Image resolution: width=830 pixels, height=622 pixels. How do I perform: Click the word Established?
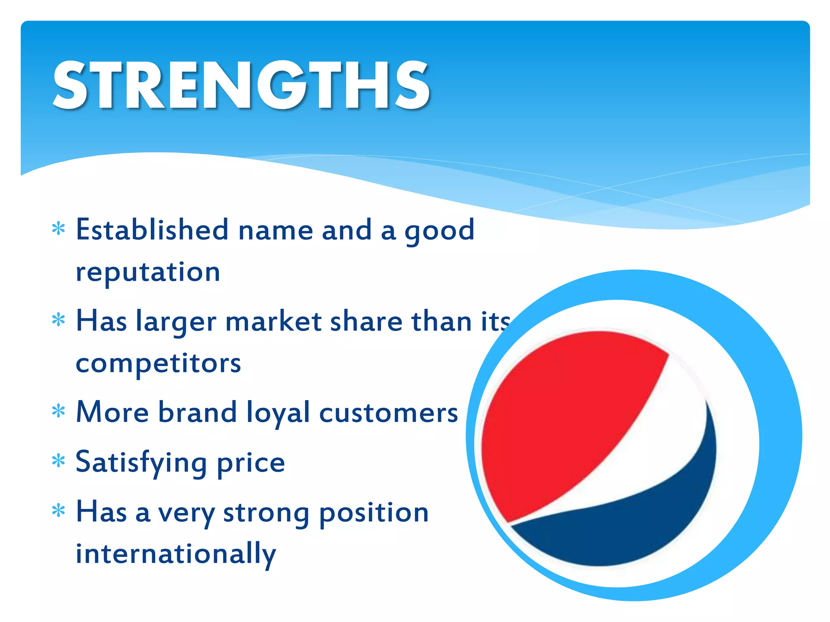coord(152,230)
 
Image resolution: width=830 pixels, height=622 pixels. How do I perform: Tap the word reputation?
coord(148,272)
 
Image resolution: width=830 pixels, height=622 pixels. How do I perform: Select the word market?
coord(274,321)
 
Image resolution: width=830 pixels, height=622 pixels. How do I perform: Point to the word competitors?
coord(158,363)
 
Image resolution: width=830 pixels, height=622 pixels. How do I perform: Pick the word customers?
coord(389,413)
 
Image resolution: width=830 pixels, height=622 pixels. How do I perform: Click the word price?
coord(251,463)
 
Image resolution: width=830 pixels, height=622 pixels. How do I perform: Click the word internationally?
coord(176,554)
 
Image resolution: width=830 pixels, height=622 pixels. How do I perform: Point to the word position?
coord(374,513)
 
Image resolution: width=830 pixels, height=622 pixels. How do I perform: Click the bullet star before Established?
coord(59,229)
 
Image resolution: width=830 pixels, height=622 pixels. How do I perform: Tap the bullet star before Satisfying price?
coord(59,461)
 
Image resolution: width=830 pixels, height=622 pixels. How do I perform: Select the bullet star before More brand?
coord(59,411)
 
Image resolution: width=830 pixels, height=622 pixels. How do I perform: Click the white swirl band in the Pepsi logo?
coord(665,437)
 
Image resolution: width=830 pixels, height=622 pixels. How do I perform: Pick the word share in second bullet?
coord(366,321)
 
